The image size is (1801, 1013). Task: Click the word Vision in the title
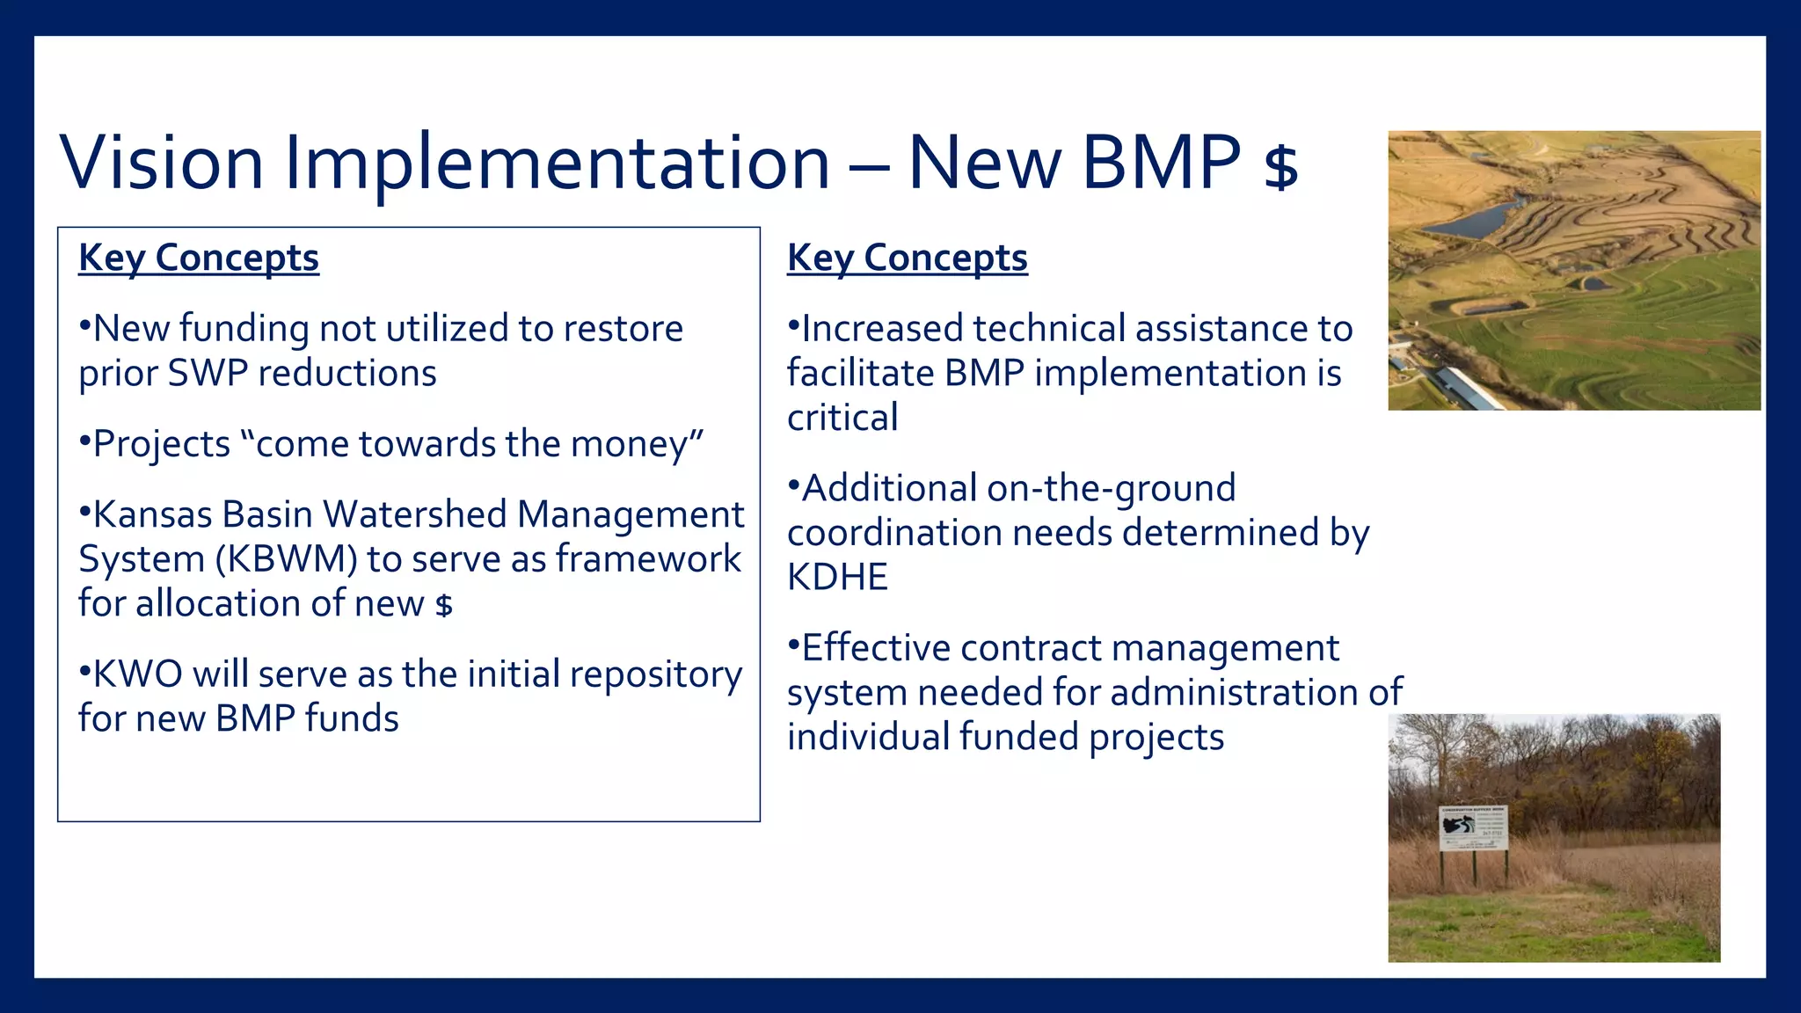[161, 163]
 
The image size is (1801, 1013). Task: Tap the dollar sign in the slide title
[1280, 167]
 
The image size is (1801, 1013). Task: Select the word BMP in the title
[1161, 163]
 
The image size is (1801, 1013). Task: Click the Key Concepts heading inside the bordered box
[199, 258]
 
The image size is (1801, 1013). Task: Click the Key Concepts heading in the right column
[907, 258]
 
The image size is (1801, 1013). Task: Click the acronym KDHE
[837, 578]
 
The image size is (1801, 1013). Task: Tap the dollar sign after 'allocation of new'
[444, 606]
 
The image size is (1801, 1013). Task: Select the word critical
[842, 418]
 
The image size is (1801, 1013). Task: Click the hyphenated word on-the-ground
[1111, 489]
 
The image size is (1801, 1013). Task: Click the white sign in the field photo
[1473, 827]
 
